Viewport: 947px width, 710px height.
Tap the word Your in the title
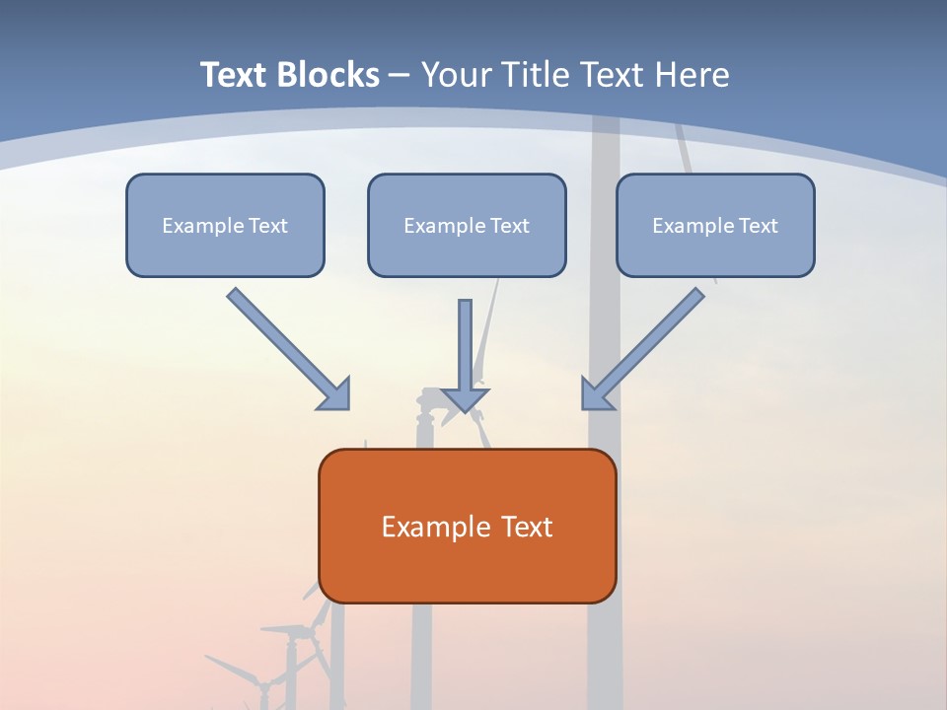coord(454,75)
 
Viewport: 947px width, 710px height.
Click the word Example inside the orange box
coord(429,527)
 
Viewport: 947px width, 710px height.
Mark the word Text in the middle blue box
coord(509,226)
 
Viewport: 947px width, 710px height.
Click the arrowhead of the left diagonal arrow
coord(335,394)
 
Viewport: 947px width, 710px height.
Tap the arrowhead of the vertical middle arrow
coord(465,399)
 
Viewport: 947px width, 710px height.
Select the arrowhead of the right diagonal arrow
coord(596,394)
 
